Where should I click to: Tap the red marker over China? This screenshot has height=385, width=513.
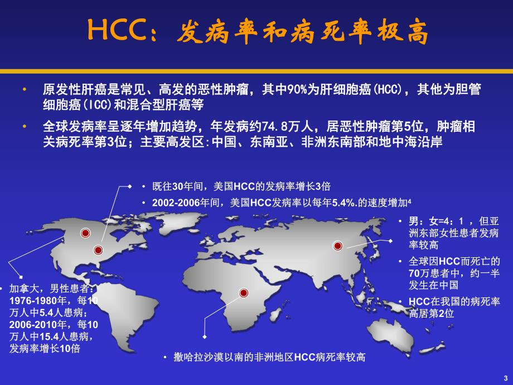pos(337,245)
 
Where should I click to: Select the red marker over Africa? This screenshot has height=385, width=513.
pos(244,293)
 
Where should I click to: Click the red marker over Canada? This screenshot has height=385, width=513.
pos(85,233)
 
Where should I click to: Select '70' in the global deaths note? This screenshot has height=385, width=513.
pos(414,273)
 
